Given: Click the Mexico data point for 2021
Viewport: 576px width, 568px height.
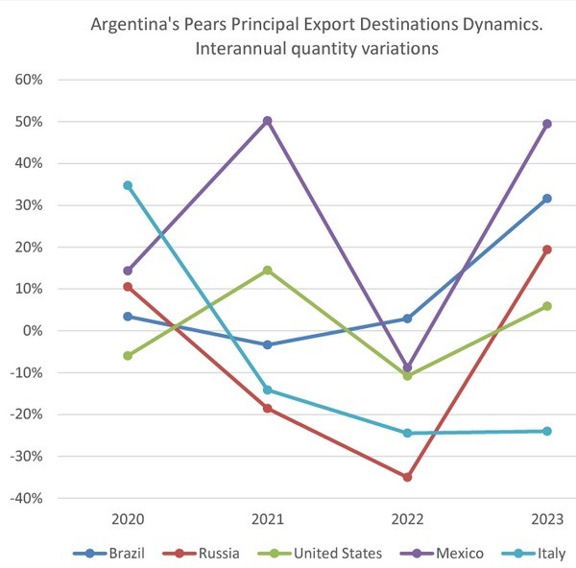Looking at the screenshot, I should pyautogui.click(x=268, y=121).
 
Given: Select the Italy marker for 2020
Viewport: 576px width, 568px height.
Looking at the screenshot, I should pyautogui.click(x=128, y=185).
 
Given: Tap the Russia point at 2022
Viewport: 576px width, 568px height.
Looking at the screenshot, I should pyautogui.click(x=407, y=477).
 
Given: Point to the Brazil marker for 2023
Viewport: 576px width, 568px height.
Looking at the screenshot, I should pyautogui.click(x=547, y=199).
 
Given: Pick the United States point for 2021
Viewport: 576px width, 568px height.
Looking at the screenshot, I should pyautogui.click(x=268, y=270).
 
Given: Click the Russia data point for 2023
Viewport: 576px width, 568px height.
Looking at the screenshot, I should pyautogui.click(x=547, y=249).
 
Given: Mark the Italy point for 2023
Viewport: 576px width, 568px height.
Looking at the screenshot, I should pyautogui.click(x=547, y=431).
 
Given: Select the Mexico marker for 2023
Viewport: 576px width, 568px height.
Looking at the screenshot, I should pyautogui.click(x=547, y=124).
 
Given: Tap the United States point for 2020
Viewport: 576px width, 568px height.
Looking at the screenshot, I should pyautogui.click(x=128, y=355).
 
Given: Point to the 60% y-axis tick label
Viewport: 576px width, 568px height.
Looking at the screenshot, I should pyautogui.click(x=29, y=80).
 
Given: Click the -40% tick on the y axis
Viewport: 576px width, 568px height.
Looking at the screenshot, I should pyautogui.click(x=27, y=498).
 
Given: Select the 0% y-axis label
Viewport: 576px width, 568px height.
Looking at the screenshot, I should pyautogui.click(x=33, y=331).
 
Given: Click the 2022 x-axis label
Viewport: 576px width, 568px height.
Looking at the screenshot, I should pyautogui.click(x=407, y=520).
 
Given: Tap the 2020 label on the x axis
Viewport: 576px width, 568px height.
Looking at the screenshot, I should pyautogui.click(x=128, y=520).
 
